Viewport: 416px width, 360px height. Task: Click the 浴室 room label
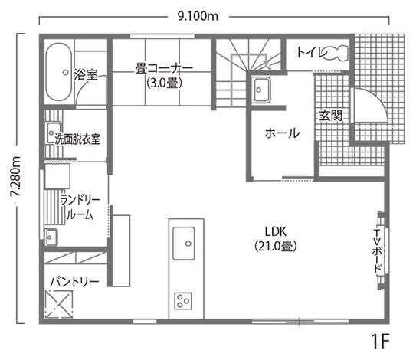86,75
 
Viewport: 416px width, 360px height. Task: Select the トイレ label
308,53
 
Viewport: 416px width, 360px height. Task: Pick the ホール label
281,133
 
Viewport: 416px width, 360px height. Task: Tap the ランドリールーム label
80,208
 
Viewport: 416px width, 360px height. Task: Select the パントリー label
74,282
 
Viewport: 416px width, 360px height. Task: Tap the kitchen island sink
185,244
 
